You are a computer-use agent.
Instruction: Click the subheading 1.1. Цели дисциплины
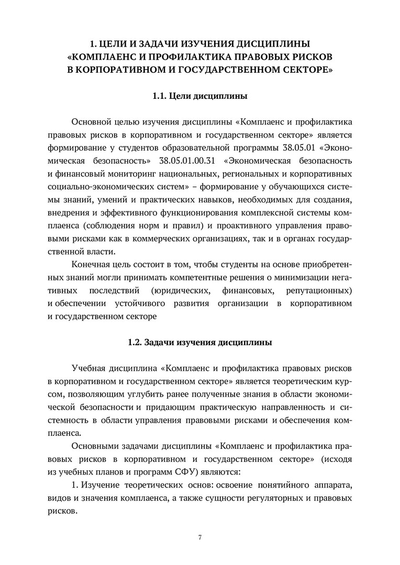tap(199, 96)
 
